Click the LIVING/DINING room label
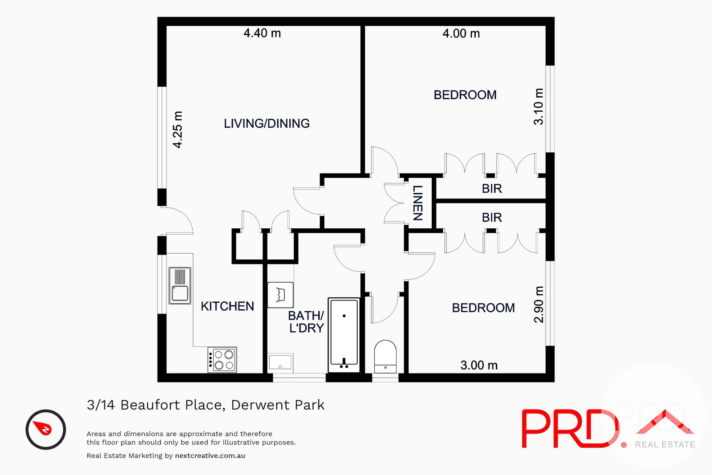[x=267, y=123]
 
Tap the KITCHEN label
[x=227, y=306]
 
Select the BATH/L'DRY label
[x=306, y=322]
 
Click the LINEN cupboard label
[x=417, y=203]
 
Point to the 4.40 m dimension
[x=262, y=33]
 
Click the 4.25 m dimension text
[x=178, y=130]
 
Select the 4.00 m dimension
[x=461, y=34]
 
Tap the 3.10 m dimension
[x=538, y=107]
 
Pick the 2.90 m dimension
[x=538, y=304]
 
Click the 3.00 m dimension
[x=479, y=365]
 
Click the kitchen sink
[x=180, y=285]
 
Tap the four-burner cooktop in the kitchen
[x=222, y=360]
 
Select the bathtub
[x=344, y=335]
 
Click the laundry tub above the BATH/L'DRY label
[x=280, y=295]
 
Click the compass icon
[x=46, y=430]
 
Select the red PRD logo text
[x=570, y=429]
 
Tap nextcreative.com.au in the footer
[x=210, y=456]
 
